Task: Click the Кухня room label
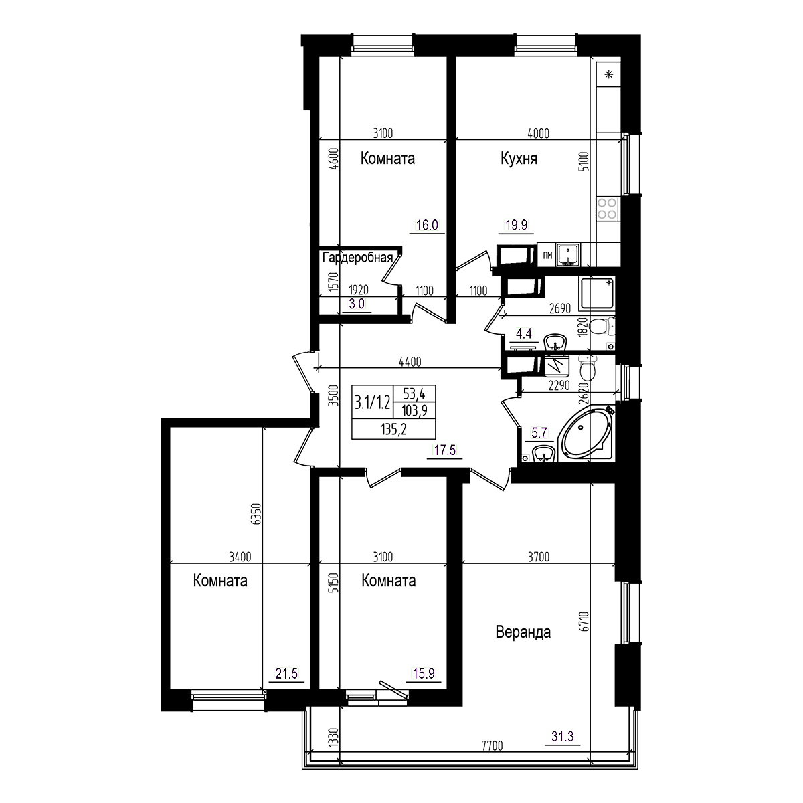pyautogui.click(x=519, y=159)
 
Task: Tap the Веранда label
pyautogui.click(x=523, y=632)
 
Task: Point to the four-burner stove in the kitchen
pyautogui.click(x=607, y=209)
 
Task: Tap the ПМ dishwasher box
pyautogui.click(x=547, y=254)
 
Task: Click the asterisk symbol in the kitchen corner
pyautogui.click(x=608, y=74)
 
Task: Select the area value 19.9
pyautogui.click(x=515, y=226)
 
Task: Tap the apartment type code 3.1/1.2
pyautogui.click(x=371, y=402)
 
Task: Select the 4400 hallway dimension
pyautogui.click(x=410, y=362)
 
